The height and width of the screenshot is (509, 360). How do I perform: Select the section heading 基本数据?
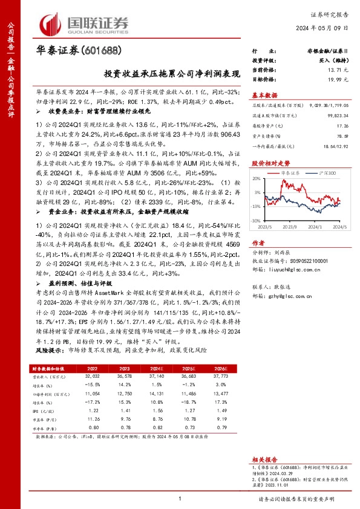tap(265, 96)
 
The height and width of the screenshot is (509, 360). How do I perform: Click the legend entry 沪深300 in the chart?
tap(318, 172)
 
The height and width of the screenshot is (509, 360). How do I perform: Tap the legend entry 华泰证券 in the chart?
tap(293, 172)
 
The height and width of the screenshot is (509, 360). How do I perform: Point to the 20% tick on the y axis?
tap(258, 178)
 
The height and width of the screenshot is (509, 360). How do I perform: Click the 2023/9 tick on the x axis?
tap(290, 227)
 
